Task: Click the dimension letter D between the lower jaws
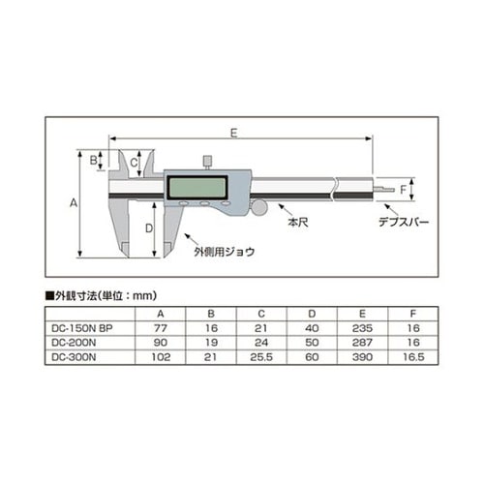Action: pos(148,228)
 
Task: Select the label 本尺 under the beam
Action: pos(297,223)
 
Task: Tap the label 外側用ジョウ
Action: pos(224,251)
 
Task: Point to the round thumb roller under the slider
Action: pos(260,207)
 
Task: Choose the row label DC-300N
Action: pos(73,357)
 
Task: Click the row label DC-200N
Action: pos(73,343)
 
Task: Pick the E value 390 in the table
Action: pos(364,357)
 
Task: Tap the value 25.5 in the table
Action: pos(260,357)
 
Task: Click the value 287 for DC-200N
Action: pos(364,343)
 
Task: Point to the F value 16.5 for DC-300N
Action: pos(414,357)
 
